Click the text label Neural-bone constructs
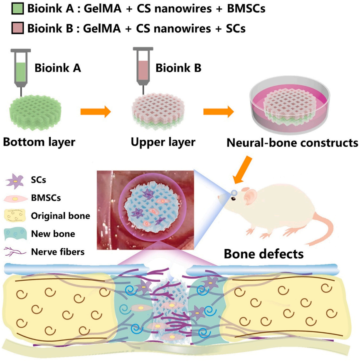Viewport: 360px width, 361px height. click(x=292, y=143)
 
